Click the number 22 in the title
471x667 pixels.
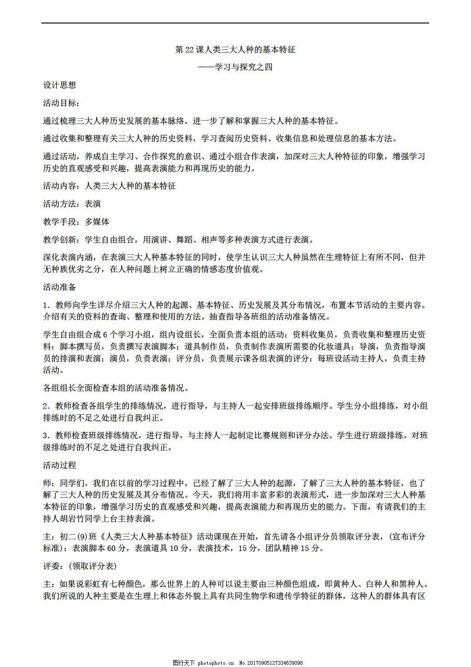[x=190, y=50]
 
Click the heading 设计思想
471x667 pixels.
[x=59, y=85]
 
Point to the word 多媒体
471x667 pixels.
[x=97, y=222]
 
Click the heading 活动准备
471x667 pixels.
[x=59, y=287]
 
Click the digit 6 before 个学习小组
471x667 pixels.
[x=105, y=335]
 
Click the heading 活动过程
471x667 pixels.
[x=59, y=465]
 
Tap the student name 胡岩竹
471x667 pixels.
[x=85, y=518]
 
